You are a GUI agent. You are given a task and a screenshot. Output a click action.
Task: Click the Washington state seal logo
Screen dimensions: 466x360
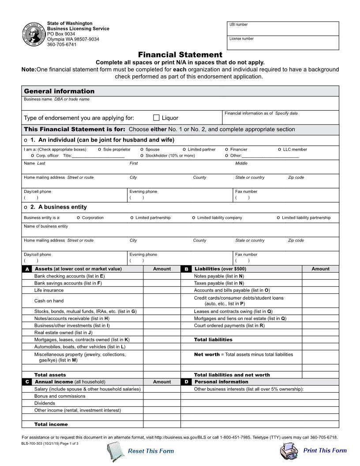click(34, 34)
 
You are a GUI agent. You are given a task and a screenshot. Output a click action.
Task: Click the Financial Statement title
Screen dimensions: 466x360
click(180, 55)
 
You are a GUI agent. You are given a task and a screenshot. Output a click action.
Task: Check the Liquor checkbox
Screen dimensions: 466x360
click(156, 118)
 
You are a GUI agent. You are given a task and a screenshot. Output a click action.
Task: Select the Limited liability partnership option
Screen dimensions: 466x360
click(278, 218)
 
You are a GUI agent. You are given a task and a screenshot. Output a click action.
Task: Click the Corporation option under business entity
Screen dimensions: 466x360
click(79, 218)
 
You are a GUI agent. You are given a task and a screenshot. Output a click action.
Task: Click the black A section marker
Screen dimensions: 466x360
click(27, 269)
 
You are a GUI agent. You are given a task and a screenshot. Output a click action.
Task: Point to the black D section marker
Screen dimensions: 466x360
click(187, 382)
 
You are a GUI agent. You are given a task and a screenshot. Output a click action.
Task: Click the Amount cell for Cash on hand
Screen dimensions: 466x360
click(162, 301)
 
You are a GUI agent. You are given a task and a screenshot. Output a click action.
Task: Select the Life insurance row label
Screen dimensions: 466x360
click(49, 290)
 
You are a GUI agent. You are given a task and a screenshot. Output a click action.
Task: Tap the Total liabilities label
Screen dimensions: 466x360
click(213, 340)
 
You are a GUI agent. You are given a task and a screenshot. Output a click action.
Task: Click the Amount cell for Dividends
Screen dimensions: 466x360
click(162, 403)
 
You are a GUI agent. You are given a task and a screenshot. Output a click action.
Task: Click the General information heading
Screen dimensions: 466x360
click(59, 91)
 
